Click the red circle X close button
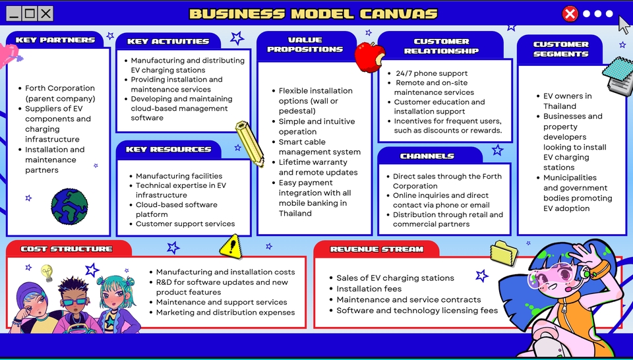tap(570, 14)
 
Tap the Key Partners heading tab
tap(55, 40)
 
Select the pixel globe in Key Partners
tap(69, 206)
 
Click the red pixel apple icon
tap(369, 57)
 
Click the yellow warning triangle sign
tap(231, 247)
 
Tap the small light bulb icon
tap(47, 272)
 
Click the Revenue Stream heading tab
tap(377, 249)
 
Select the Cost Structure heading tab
tap(67, 249)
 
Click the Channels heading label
tap(427, 156)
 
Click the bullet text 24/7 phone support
tap(431, 73)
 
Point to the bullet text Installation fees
tap(369, 289)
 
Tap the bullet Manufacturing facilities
tap(179, 176)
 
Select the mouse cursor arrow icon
tap(624, 24)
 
